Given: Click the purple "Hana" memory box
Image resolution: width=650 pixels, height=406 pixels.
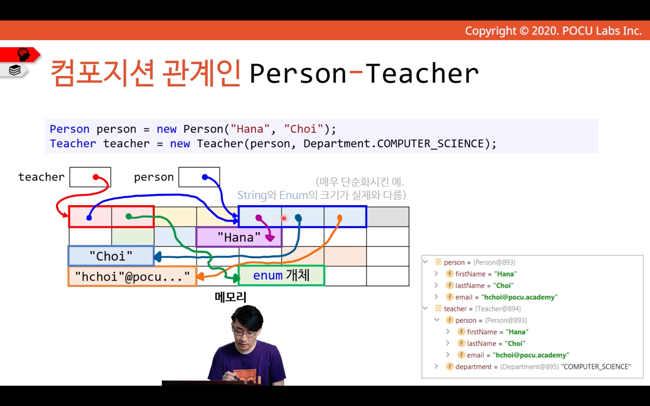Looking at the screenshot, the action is (239, 237).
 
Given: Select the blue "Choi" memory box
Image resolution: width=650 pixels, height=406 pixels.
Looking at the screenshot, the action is (111, 256).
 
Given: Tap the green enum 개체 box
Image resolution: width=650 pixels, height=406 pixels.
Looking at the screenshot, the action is (281, 275).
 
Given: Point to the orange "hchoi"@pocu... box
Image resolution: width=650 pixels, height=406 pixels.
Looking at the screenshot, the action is (132, 276).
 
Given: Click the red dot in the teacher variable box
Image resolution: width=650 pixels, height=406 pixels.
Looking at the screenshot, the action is (96, 177).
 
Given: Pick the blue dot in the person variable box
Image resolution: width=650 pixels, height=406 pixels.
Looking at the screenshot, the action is (205, 177).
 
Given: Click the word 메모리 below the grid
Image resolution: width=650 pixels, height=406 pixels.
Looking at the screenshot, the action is (230, 297).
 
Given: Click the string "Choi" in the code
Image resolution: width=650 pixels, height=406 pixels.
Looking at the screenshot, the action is (304, 129).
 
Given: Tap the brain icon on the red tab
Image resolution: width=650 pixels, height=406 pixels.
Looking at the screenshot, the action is (24, 55).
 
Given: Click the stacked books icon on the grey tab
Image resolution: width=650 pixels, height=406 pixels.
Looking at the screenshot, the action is (15, 70).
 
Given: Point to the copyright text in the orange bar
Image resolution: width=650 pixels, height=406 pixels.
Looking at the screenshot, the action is (553, 31).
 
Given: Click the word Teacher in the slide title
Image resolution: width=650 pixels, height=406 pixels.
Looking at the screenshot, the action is (422, 73).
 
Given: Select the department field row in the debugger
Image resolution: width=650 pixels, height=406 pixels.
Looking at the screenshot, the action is (538, 366).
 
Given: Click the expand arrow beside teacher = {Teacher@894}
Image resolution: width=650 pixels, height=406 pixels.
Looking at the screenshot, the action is (426, 308).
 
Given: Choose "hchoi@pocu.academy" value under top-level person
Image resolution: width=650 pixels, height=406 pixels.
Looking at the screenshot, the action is (519, 297).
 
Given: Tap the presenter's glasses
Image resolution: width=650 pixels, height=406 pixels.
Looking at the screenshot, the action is (245, 333).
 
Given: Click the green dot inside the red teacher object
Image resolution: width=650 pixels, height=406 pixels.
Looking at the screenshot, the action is (129, 216).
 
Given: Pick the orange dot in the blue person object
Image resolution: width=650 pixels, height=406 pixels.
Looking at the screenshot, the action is (340, 217).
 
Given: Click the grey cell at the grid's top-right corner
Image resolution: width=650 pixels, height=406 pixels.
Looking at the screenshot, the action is (388, 217).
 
